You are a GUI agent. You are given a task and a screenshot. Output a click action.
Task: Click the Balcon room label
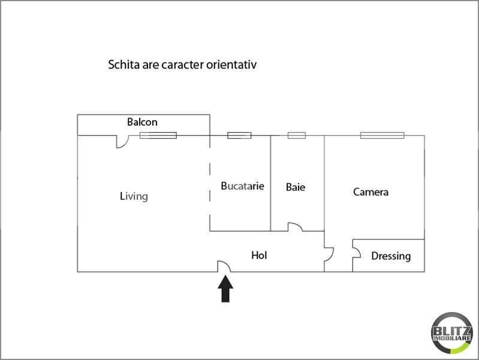click(142, 122)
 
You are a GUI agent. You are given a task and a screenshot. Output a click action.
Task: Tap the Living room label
click(134, 196)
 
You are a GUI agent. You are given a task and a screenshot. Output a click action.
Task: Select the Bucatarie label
click(243, 186)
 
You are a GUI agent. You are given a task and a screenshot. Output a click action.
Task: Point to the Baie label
click(296, 187)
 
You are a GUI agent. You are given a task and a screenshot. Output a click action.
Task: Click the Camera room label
click(371, 192)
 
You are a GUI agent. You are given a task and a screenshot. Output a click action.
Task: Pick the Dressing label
click(391, 256)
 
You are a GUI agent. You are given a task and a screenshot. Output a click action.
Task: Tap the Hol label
click(259, 255)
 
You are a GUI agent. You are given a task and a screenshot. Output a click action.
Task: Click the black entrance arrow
click(225, 289)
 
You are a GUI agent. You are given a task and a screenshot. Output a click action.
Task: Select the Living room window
click(158, 135)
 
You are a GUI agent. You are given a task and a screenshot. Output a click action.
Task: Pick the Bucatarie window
click(240, 135)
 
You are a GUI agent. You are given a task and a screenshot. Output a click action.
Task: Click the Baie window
click(297, 135)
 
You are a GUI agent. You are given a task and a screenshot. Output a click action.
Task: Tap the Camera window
click(382, 135)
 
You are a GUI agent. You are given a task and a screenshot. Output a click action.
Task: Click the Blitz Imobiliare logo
click(452, 333)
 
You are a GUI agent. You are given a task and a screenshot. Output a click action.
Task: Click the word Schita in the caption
click(123, 65)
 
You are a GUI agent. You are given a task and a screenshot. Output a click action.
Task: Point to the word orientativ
click(231, 65)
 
